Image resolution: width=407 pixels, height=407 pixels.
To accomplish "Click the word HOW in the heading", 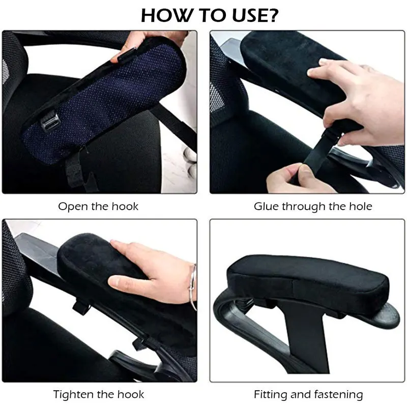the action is (x=166, y=15).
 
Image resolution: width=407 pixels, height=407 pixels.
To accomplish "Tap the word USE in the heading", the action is (x=248, y=15).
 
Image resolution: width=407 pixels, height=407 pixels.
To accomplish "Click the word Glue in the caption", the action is (x=266, y=207).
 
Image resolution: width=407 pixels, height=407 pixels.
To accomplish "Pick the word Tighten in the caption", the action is (x=74, y=395).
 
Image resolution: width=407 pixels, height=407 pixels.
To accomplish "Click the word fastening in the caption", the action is (x=340, y=395).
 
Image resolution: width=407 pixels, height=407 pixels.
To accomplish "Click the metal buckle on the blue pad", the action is (x=49, y=121).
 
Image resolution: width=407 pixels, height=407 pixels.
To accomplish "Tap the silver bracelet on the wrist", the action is (x=192, y=287).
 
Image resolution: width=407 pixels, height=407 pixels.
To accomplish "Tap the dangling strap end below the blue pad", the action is (x=78, y=171).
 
